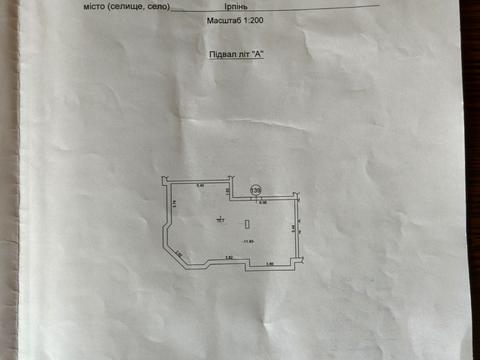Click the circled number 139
click(256, 191)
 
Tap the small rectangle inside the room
click(246, 224)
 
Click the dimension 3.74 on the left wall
click(173, 205)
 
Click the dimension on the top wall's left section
click(200, 186)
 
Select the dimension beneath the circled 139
click(263, 203)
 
